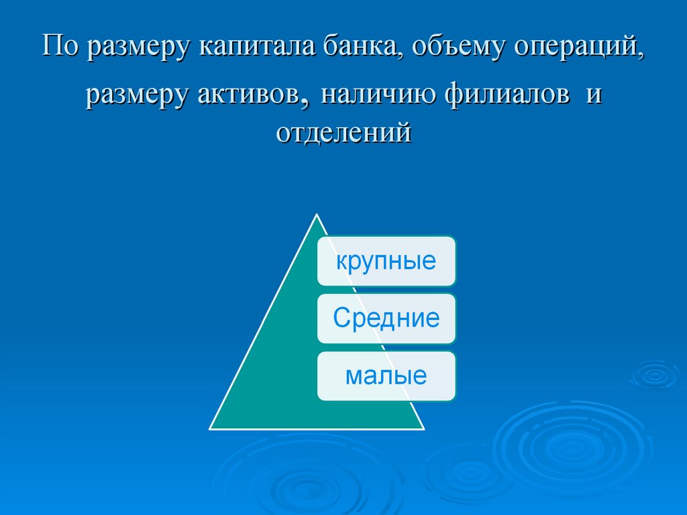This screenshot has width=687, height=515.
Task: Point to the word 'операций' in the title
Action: [x=580, y=48]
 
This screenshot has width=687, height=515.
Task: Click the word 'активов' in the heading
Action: [x=248, y=95]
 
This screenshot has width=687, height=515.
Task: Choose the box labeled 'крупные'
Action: [x=386, y=261]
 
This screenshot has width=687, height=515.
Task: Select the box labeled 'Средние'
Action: [x=386, y=319]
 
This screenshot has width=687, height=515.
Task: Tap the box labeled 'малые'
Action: [x=386, y=376]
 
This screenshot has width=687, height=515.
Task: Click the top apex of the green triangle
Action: [x=316, y=216]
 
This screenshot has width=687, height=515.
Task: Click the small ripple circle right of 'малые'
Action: [x=655, y=374]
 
